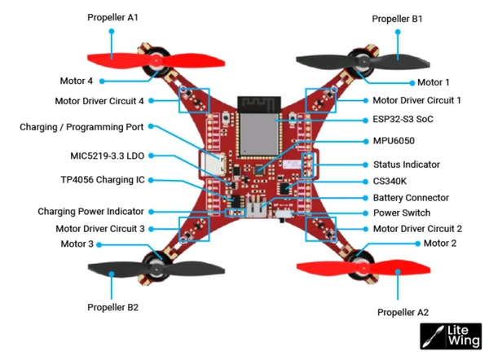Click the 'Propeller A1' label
click(x=112, y=16)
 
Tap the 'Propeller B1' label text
click(x=398, y=18)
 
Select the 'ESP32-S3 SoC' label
click(x=403, y=119)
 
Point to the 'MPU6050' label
click(x=394, y=141)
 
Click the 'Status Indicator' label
click(x=406, y=164)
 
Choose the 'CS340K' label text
click(x=392, y=181)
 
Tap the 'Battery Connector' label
click(x=411, y=198)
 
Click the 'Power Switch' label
click(x=400, y=213)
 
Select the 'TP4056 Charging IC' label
click(x=102, y=180)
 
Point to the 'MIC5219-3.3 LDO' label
click(x=107, y=155)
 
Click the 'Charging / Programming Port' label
click(x=81, y=127)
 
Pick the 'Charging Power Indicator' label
click(x=90, y=212)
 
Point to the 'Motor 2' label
click(x=440, y=244)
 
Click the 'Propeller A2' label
click(x=403, y=312)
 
